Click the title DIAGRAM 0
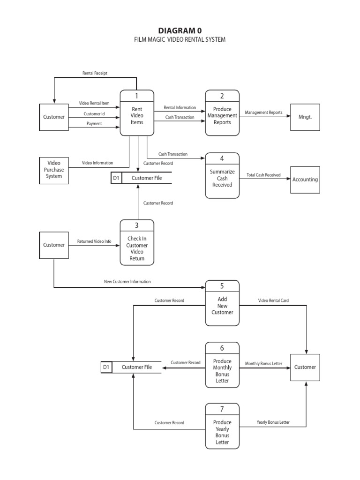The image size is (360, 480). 180,30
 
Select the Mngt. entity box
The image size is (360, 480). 305,117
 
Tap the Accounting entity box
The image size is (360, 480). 305,180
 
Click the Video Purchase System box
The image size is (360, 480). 54,170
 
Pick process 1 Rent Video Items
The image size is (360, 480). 137,113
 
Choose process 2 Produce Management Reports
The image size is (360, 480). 222,113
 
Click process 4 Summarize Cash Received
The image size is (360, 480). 222,175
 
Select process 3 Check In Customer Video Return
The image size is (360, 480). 137,242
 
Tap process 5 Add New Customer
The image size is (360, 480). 222,303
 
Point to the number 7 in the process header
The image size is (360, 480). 222,409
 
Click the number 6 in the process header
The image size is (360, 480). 222,348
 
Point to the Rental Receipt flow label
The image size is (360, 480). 95,73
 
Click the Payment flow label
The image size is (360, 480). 94,124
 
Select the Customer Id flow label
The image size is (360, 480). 94,114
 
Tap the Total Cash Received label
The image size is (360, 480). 263,175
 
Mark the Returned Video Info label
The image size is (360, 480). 94,242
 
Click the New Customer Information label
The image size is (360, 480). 127,282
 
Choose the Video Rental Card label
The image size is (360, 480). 273,300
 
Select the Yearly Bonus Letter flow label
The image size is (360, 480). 273,422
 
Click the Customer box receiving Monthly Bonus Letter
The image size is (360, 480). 305,367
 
